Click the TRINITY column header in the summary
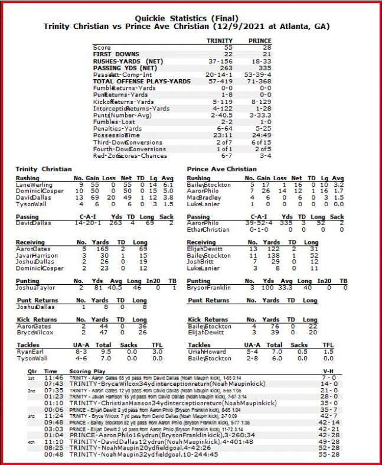(x=219, y=41)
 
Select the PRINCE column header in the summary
(x=260, y=41)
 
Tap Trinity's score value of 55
(x=227, y=47)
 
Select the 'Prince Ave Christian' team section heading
(x=221, y=169)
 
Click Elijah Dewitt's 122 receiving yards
(x=275, y=250)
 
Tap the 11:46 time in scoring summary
(x=54, y=377)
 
